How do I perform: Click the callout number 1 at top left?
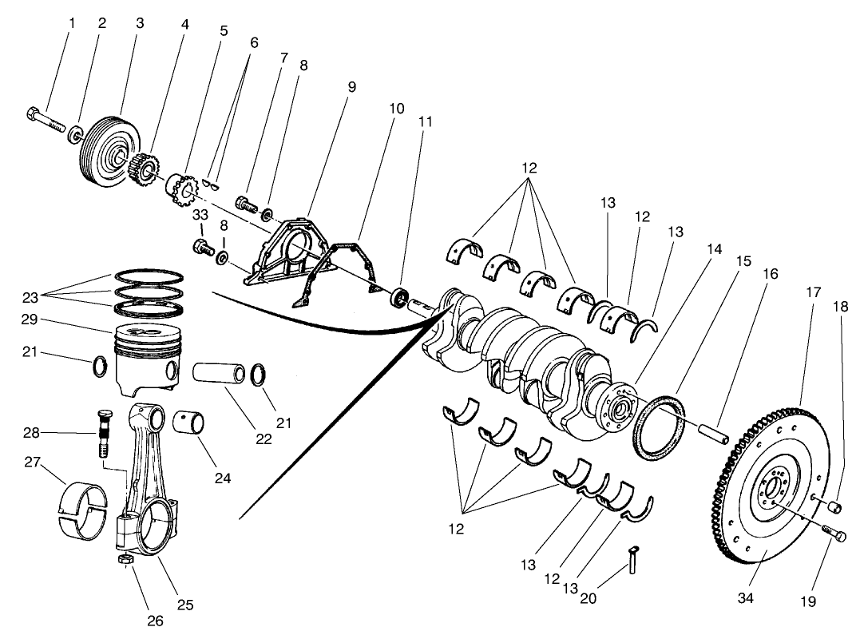[71, 23]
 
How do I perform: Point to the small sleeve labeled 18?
[836, 506]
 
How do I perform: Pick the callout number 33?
[200, 215]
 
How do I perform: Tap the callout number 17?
[813, 292]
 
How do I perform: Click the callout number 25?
[184, 605]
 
